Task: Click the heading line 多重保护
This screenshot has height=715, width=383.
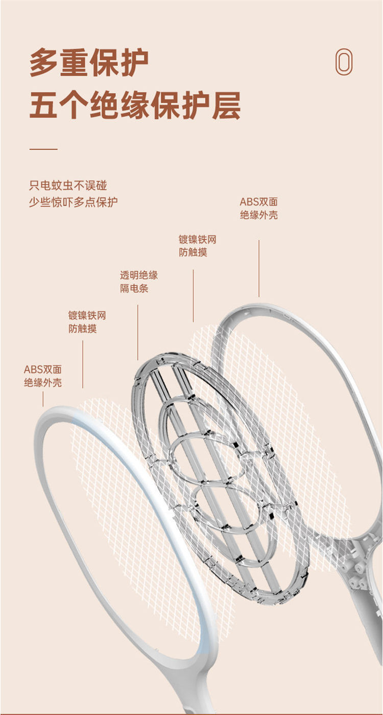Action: [89, 62]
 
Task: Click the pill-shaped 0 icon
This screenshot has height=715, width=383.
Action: [344, 62]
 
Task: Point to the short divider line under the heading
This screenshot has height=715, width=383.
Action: [43, 150]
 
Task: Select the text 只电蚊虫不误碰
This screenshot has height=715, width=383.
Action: [68, 186]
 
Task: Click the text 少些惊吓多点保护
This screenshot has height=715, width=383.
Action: [73, 202]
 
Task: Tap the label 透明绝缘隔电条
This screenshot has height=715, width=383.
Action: [139, 282]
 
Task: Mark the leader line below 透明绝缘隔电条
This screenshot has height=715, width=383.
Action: [137, 332]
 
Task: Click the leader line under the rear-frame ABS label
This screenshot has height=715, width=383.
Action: [259, 268]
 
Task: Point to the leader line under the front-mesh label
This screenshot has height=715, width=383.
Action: [83, 364]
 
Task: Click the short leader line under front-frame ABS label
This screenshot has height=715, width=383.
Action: [43, 399]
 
